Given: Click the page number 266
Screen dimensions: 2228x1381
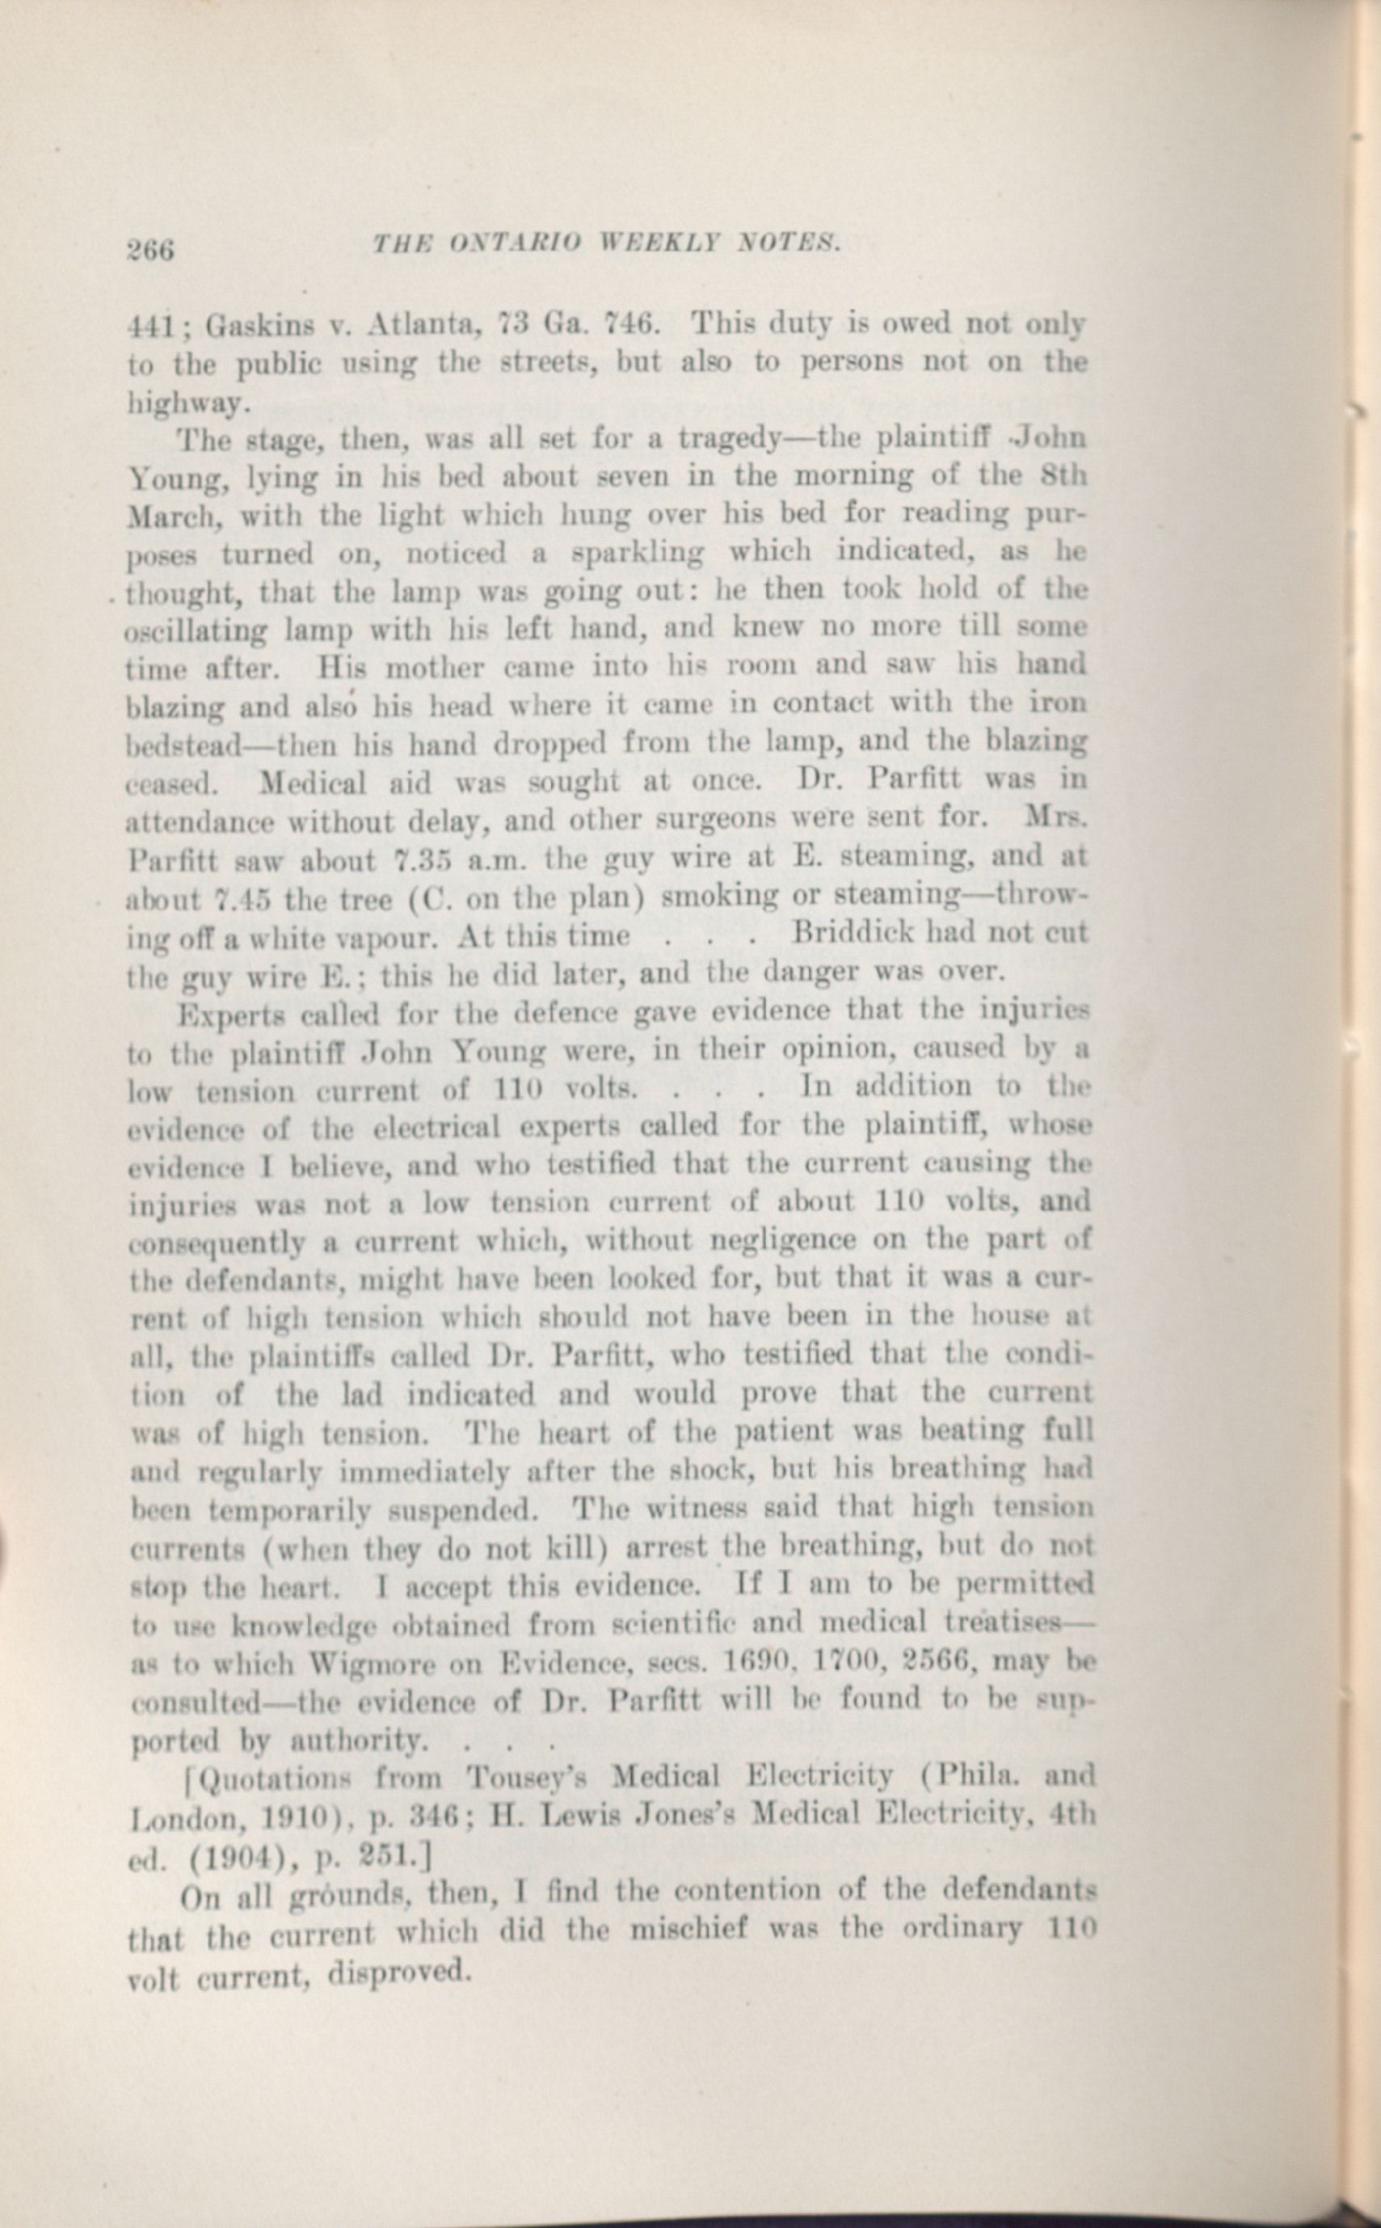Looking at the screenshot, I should [x=149, y=249].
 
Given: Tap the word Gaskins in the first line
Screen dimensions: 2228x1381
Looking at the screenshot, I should [x=260, y=326].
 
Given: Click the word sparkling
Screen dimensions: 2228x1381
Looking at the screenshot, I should [x=637, y=554].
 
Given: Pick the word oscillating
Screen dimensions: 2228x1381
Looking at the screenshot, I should [x=196, y=631].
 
